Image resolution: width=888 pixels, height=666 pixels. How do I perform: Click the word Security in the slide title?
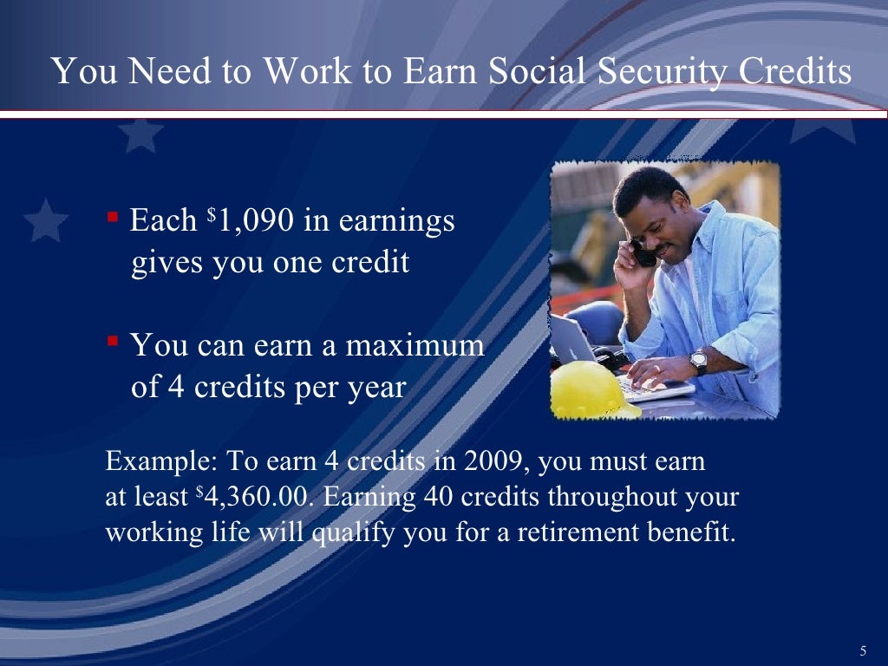pos(658,72)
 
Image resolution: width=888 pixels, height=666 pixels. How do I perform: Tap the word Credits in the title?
pos(794,72)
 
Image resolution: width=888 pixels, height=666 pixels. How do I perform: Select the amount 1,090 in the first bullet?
pos(255,221)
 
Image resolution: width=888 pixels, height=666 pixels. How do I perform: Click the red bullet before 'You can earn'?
pos(113,340)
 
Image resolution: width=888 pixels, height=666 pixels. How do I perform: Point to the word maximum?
pos(415,345)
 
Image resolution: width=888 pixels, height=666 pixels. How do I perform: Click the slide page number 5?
pos(863,651)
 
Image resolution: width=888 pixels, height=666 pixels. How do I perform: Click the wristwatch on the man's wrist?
pos(698,362)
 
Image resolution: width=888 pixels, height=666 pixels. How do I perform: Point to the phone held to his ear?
pos(643,255)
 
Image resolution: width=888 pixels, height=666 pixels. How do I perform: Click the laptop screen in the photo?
pos(573,340)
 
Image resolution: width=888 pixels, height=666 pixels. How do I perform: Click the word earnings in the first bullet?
pos(396,221)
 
